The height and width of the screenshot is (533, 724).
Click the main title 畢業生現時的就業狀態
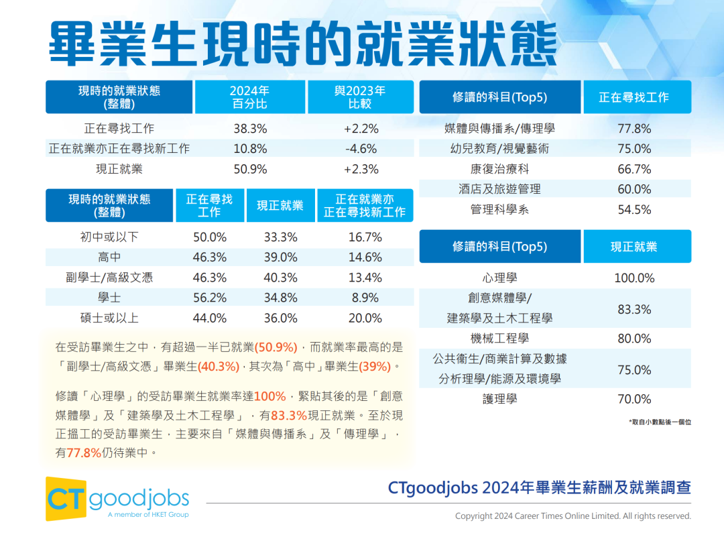coord(303,44)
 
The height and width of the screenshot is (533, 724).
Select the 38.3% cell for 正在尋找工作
coord(250,128)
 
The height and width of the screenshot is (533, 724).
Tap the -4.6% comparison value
coord(361,149)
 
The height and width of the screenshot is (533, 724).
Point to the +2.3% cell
coord(361,169)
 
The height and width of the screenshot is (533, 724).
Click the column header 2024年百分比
coord(249,97)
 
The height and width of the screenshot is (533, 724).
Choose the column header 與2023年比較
coord(361,97)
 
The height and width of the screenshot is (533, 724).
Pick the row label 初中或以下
coord(109,237)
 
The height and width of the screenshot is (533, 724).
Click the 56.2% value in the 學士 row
coord(210,298)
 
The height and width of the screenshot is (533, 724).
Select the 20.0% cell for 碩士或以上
coord(365,318)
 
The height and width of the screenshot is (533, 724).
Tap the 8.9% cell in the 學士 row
coord(365,298)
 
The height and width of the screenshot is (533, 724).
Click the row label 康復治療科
coord(499,169)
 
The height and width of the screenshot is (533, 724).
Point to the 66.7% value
coord(634,169)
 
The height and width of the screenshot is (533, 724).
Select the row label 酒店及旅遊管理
coord(499,189)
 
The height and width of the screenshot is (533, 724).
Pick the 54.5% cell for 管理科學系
coord(634,210)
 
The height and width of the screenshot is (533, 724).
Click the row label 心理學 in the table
coord(499,278)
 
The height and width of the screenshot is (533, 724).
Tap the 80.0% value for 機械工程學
coord(634,339)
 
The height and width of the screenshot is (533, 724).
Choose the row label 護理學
coord(499,399)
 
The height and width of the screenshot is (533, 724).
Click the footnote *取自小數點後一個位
coord(660,422)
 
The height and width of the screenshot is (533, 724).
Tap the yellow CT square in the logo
coord(66,499)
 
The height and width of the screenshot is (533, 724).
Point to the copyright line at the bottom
coord(572,516)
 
